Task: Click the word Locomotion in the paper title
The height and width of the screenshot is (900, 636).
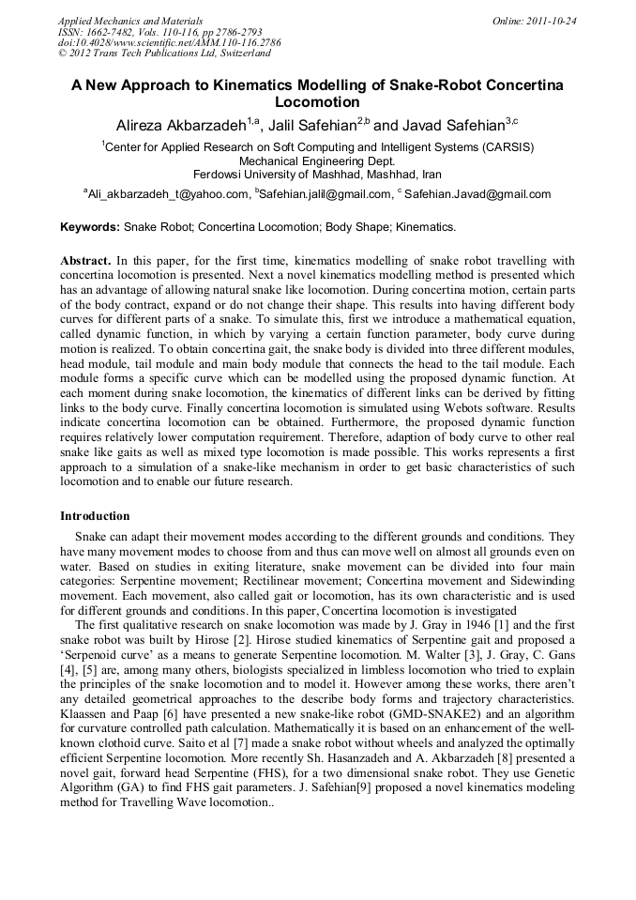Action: pyautogui.click(x=317, y=101)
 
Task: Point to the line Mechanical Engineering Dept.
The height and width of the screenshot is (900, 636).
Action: pyautogui.click(x=317, y=160)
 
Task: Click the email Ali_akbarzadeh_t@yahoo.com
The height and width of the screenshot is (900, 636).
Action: pyautogui.click(x=168, y=194)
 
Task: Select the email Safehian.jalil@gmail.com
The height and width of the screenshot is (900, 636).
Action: pyautogui.click(x=325, y=194)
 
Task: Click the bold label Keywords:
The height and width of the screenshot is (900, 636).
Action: pyautogui.click(x=90, y=227)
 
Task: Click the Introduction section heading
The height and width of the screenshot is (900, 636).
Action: pyautogui.click(x=95, y=515)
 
